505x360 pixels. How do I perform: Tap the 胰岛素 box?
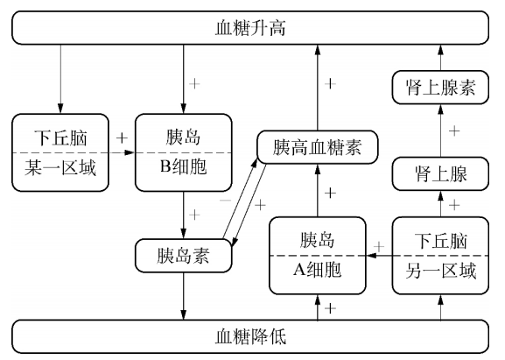[x=184, y=256]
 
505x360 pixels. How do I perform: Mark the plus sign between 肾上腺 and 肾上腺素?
[x=454, y=131]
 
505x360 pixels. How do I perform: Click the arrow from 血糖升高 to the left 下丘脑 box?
[x=60, y=79]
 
